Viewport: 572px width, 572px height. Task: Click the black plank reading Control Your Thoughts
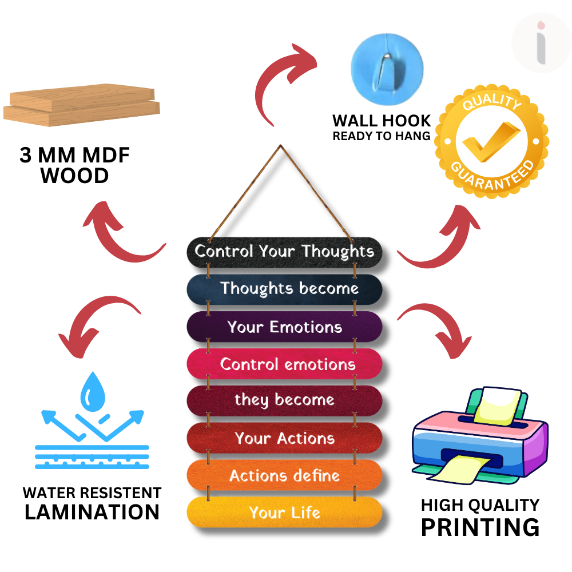pos(284,252)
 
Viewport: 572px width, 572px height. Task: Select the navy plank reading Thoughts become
pos(284,289)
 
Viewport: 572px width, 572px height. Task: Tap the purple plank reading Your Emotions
pos(284,327)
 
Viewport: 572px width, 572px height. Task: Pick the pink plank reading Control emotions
pos(284,364)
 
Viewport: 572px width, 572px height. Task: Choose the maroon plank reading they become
pos(284,400)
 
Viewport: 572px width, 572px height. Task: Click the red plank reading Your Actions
pos(284,438)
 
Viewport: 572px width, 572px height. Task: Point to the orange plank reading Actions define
pos(284,475)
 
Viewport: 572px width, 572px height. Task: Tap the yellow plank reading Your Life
pos(284,513)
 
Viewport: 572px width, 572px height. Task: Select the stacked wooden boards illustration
pos(82,107)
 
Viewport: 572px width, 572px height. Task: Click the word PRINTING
pos(480,527)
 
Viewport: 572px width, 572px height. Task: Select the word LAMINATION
pos(92,512)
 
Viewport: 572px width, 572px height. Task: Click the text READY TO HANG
pos(382,136)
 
